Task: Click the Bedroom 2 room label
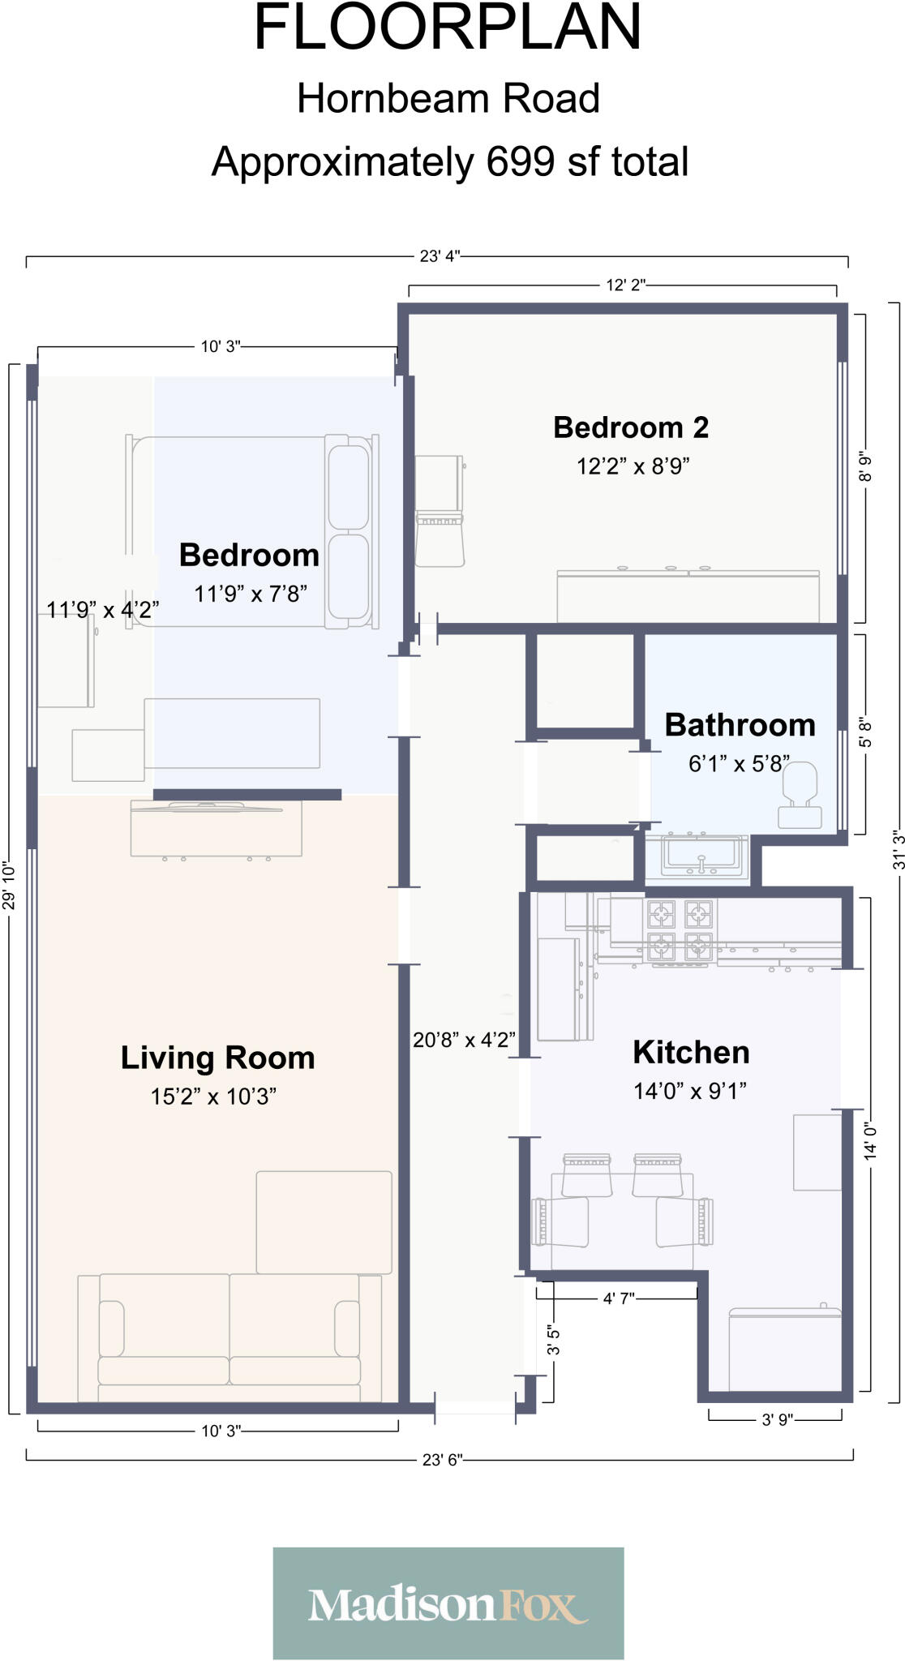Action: coord(631,427)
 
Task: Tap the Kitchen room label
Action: coord(691,1053)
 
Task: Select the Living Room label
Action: coord(217,1058)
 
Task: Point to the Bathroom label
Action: coord(740,725)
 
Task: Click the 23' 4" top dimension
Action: coord(440,256)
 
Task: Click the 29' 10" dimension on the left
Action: coord(9,886)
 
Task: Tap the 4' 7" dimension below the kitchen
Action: coord(618,1298)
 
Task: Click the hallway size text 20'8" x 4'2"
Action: coord(464,1040)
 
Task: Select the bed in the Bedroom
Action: coord(251,531)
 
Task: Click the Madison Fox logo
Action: coord(448,1603)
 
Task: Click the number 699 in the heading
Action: coord(520,161)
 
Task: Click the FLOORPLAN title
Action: coord(448,28)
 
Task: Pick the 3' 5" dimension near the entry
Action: coord(553,1340)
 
